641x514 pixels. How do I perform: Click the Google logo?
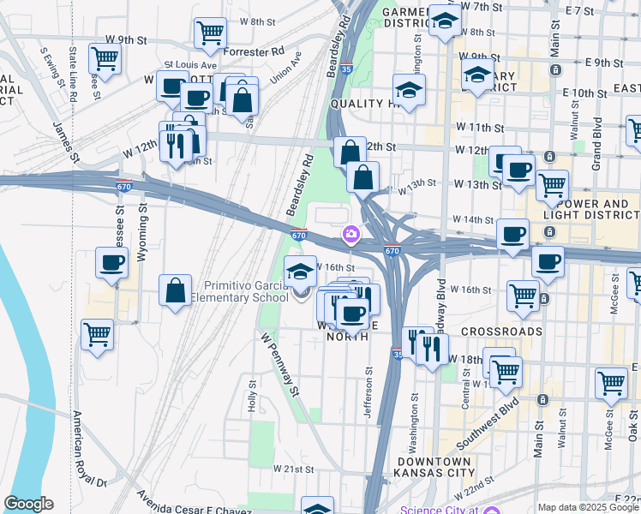(x=29, y=504)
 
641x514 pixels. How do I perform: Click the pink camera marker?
(x=351, y=233)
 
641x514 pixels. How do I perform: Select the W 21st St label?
(x=295, y=469)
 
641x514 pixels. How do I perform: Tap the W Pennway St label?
(x=279, y=364)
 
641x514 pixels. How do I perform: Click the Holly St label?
(x=253, y=397)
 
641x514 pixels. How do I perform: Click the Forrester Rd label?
(x=253, y=51)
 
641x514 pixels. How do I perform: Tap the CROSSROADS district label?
(x=501, y=331)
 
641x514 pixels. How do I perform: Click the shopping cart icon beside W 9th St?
(x=105, y=59)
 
